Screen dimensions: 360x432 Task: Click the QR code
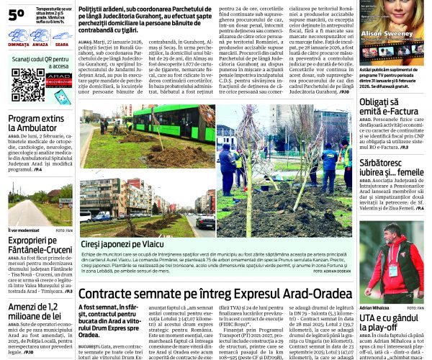(x=27, y=85)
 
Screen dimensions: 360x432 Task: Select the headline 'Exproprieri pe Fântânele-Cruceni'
(x=40, y=246)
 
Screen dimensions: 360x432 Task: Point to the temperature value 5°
(x=16, y=14)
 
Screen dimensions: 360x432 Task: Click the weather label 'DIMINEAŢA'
(x=18, y=45)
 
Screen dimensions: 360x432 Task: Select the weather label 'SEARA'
(x=62, y=45)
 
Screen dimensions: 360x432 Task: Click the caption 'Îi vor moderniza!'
(x=25, y=230)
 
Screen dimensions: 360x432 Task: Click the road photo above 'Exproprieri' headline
(x=40, y=204)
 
